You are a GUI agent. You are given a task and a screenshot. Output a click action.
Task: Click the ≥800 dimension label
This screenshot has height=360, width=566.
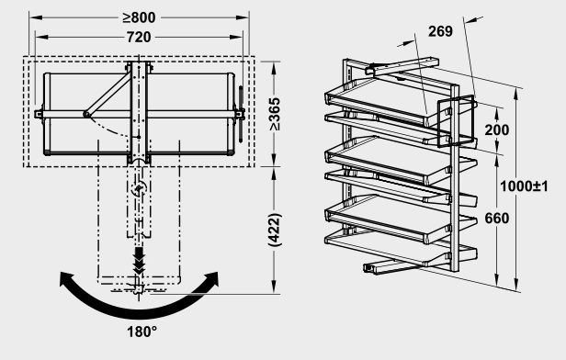pos(139,17)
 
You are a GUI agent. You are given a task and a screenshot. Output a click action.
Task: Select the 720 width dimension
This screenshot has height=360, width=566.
pos(139,37)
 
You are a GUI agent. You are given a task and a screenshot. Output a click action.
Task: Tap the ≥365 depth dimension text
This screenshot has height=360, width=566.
pos(275,114)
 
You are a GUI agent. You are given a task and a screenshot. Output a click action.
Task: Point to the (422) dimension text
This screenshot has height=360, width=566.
pos(275,231)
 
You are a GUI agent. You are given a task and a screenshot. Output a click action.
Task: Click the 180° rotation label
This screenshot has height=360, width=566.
pos(141,332)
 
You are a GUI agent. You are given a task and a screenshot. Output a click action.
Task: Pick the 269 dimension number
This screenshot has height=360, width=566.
pos(440,31)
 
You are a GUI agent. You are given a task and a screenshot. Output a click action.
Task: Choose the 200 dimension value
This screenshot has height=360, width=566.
pos(497,129)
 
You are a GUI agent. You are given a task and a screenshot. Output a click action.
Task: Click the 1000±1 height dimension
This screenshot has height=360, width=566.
pos(524,186)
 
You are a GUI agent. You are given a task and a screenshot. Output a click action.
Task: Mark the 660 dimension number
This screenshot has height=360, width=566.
pos(497,219)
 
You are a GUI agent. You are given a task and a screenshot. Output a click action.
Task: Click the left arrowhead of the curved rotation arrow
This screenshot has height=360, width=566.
pos(67,279)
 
